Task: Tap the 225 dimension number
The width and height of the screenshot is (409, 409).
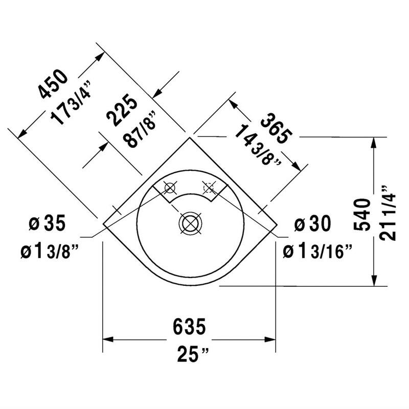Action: click(121, 111)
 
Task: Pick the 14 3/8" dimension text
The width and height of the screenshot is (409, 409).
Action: click(258, 146)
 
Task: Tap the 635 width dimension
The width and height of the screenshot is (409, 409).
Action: click(189, 325)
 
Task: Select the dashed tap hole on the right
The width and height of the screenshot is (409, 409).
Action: click(209, 188)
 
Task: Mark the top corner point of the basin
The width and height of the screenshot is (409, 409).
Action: click(190, 137)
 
